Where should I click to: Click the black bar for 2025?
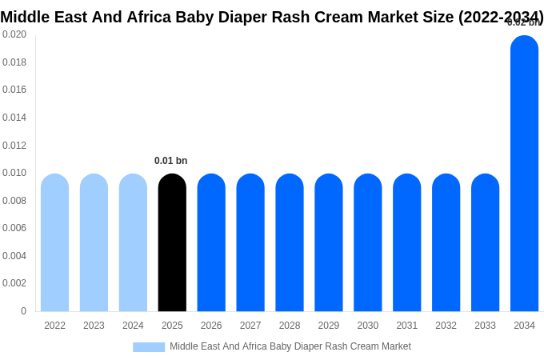(x=172, y=242)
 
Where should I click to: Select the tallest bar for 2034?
(x=524, y=174)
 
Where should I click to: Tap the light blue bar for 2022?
(x=54, y=242)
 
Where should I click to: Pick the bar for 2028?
(x=290, y=242)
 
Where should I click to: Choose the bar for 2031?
(x=406, y=242)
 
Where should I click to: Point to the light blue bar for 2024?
(x=133, y=242)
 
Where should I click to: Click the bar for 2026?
(x=211, y=242)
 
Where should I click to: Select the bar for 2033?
(x=485, y=242)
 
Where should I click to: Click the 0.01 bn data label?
(x=170, y=161)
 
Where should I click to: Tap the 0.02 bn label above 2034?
(x=523, y=22)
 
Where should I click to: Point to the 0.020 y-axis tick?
(x=14, y=34)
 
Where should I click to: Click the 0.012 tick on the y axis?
(x=14, y=146)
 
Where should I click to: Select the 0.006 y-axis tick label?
(x=14, y=228)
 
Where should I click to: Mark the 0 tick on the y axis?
(x=23, y=311)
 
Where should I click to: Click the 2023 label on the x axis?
(x=94, y=326)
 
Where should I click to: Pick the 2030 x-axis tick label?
(x=368, y=326)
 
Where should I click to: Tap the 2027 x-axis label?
(x=250, y=326)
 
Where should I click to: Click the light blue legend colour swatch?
(x=149, y=347)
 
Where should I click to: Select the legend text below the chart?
(x=290, y=346)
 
